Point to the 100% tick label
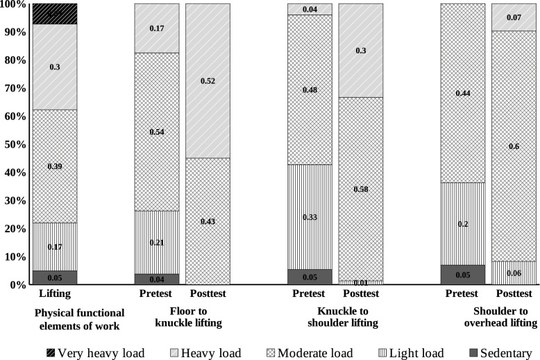pos(13,5)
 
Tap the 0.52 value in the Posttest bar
pos(208,80)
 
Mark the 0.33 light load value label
pos(310,217)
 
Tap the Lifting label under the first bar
pos(54,295)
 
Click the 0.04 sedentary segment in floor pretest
pos(156,279)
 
